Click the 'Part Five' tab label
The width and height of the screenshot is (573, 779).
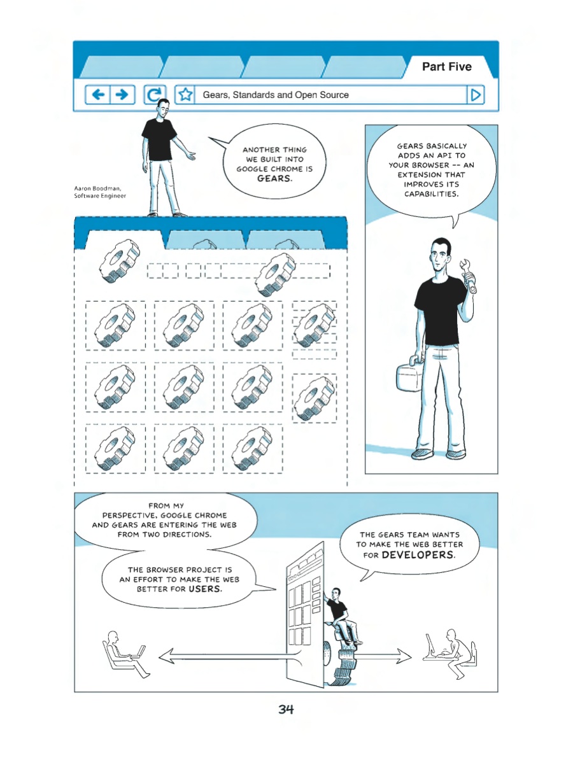(x=447, y=66)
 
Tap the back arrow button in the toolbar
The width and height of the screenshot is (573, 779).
(x=98, y=94)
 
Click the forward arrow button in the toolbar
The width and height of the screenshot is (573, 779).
(x=122, y=94)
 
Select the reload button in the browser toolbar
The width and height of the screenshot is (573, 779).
(x=155, y=94)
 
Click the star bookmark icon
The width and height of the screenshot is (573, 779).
(x=185, y=94)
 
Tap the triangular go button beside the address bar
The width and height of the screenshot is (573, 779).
(x=475, y=95)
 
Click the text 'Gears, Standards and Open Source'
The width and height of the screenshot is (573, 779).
(x=276, y=95)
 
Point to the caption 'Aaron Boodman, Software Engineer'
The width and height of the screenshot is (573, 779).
(x=100, y=192)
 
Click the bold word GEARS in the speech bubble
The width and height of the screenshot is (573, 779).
(x=274, y=178)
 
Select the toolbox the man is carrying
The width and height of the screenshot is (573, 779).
(x=409, y=376)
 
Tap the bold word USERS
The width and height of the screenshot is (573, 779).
(x=205, y=589)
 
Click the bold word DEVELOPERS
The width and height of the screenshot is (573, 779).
(x=418, y=555)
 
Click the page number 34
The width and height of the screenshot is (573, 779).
(x=286, y=709)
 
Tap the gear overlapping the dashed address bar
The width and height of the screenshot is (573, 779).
(x=275, y=274)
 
